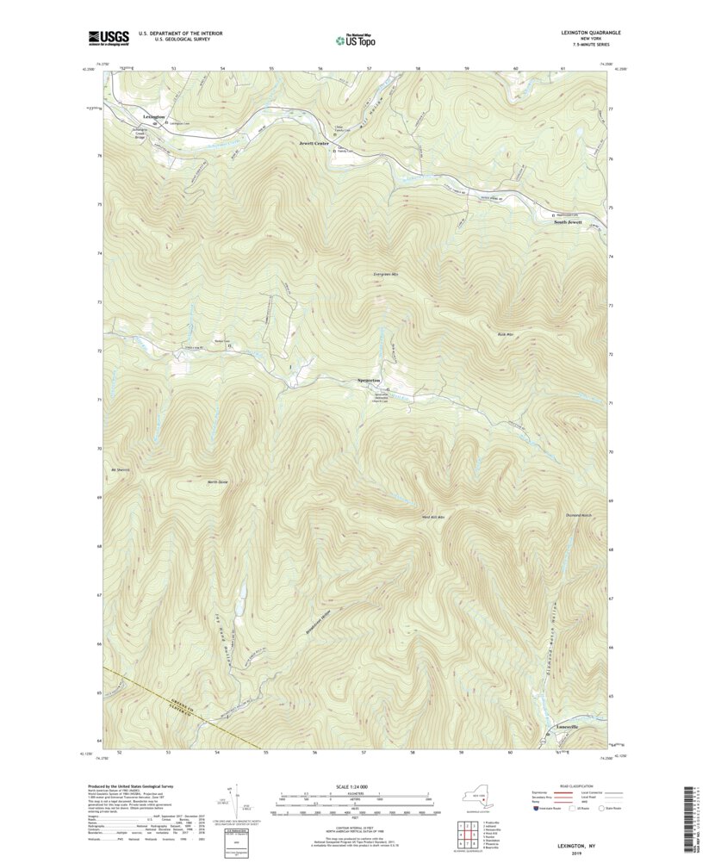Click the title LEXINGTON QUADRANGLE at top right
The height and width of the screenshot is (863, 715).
pyautogui.click(x=590, y=33)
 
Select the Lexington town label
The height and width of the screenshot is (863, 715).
pyautogui.click(x=154, y=116)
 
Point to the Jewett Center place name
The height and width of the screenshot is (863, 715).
pyautogui.click(x=314, y=143)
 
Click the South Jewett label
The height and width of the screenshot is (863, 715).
pyautogui.click(x=568, y=222)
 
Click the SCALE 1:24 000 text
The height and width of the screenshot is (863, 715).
pyautogui.click(x=354, y=786)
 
